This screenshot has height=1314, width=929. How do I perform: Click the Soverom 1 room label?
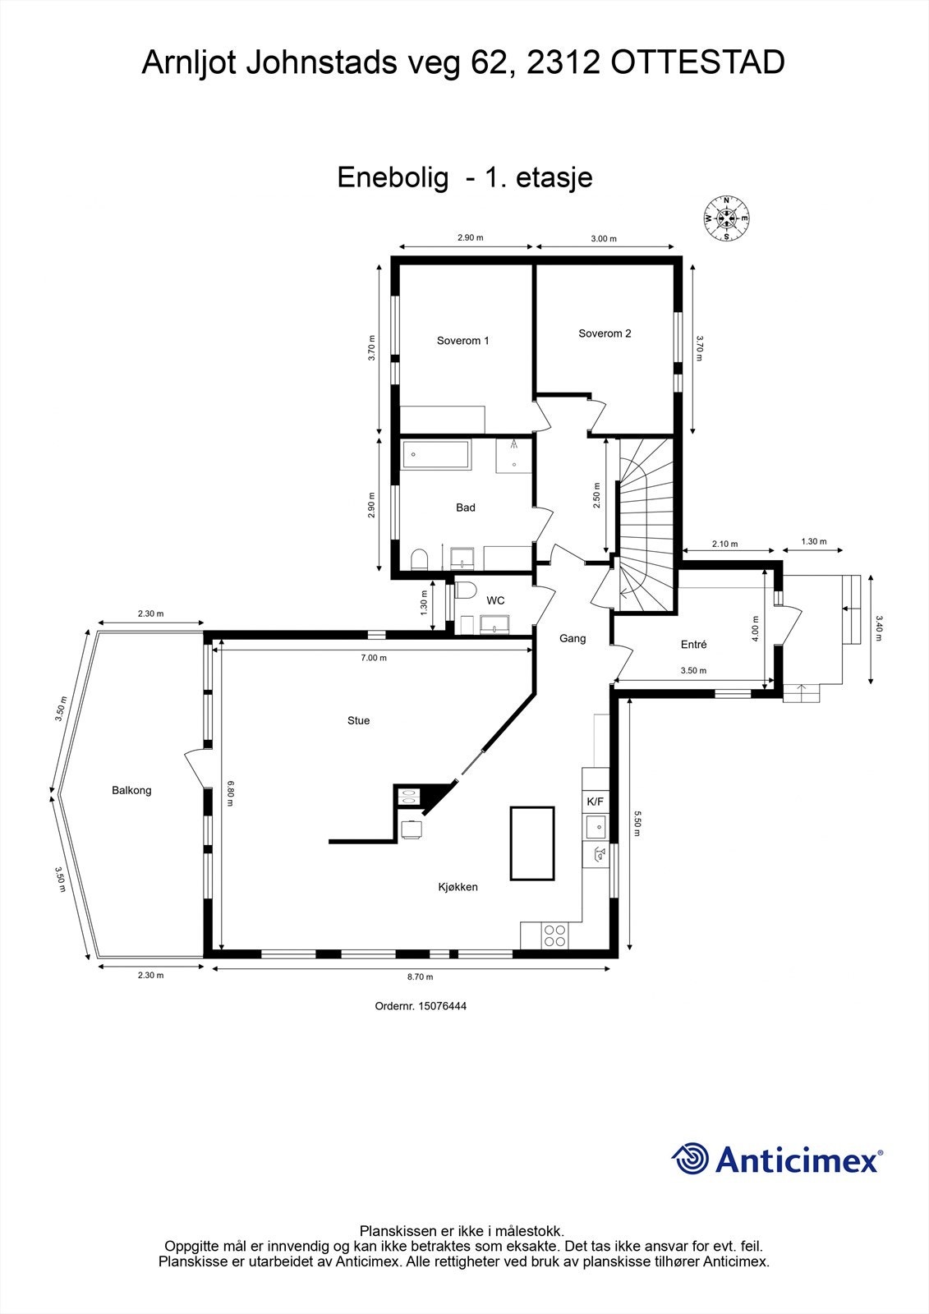point(462,341)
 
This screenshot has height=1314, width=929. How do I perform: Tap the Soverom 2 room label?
point(605,333)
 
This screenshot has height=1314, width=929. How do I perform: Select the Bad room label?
point(466,508)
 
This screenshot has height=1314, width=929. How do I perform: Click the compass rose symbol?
point(726,218)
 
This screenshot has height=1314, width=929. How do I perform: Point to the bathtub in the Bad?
point(435,455)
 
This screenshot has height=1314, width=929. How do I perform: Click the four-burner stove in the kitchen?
point(554,934)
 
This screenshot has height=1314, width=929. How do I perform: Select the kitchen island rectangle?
point(532,842)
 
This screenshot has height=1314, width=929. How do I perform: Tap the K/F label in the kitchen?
point(595,801)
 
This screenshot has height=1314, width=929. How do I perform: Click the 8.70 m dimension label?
point(420,976)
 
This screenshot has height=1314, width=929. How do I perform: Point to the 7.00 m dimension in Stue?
point(373,658)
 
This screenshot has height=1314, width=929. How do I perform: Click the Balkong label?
point(131,790)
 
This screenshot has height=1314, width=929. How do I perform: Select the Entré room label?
point(693,645)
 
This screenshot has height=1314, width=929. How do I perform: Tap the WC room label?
point(495,600)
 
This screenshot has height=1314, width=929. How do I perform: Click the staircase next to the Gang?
point(645,526)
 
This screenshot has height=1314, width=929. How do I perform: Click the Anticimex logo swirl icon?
point(690,1159)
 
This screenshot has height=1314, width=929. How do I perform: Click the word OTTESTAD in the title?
point(697,63)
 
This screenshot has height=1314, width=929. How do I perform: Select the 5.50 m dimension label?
point(636,823)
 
